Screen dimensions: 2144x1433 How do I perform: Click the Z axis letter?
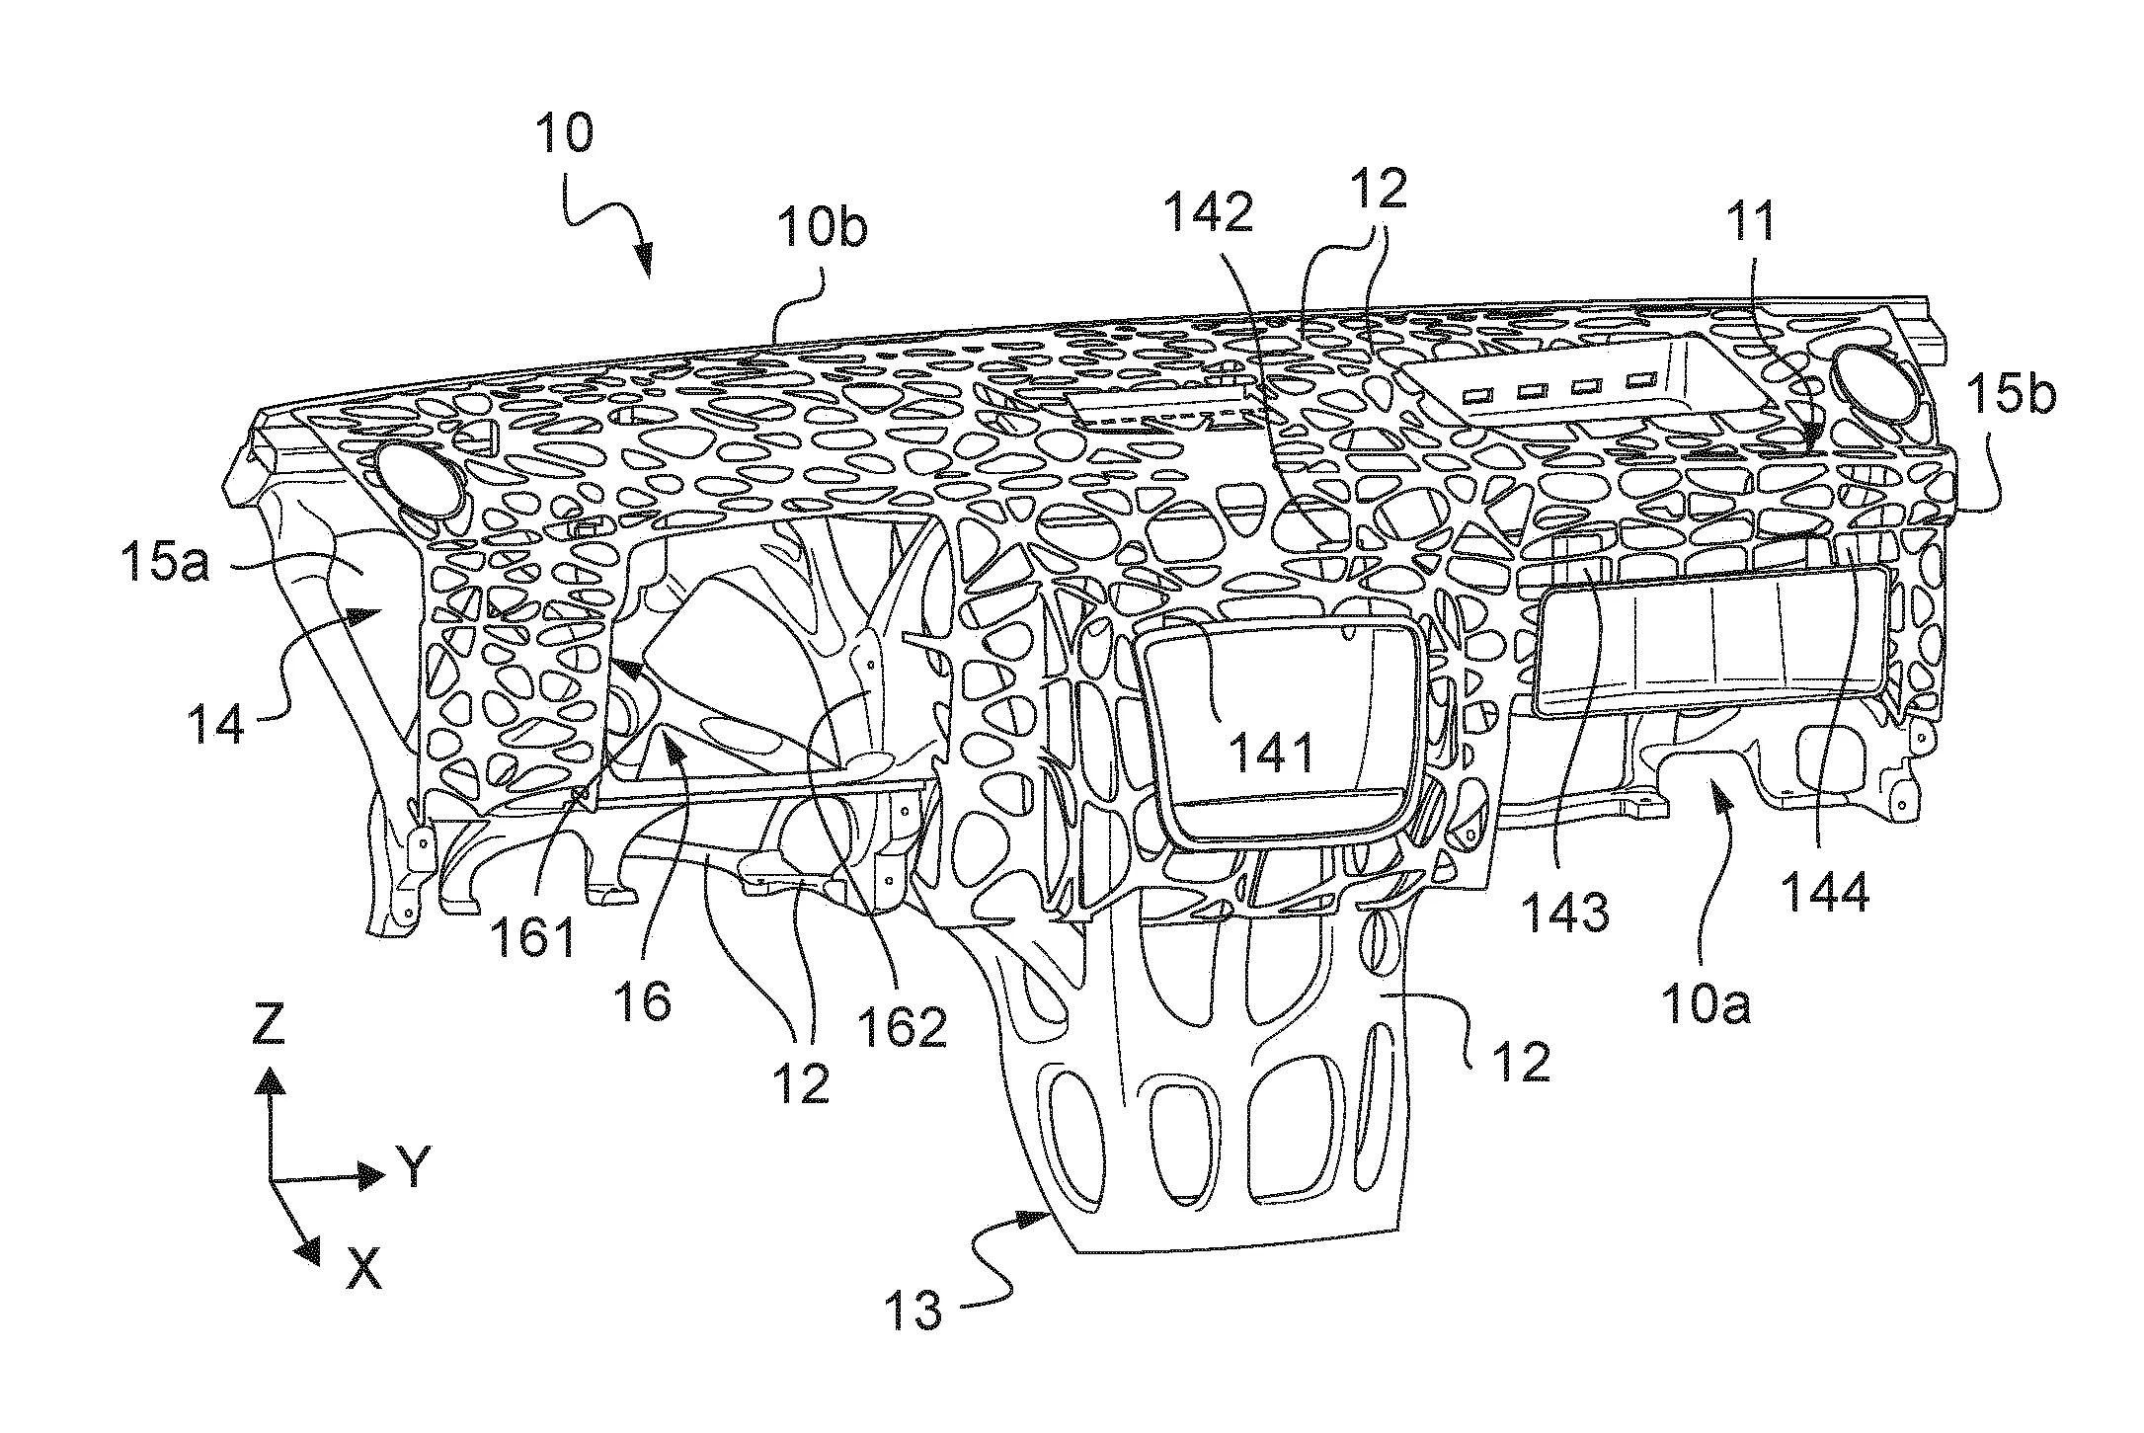(x=268, y=1025)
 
